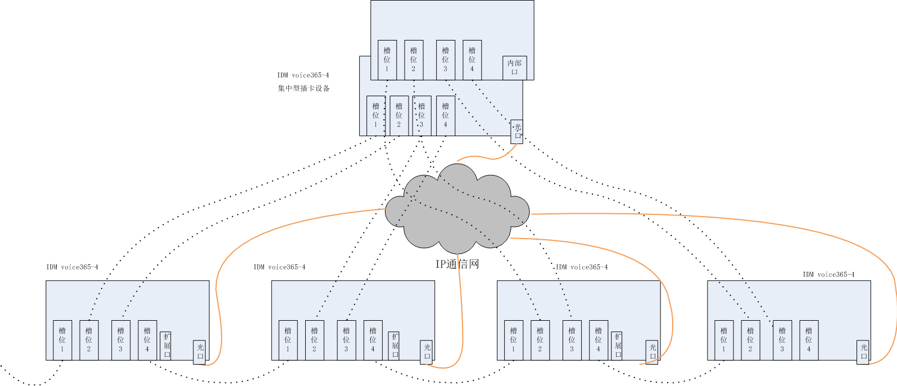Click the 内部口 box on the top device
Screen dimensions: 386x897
514,68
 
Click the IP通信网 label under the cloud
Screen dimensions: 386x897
457,264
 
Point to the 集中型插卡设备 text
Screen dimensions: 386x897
303,88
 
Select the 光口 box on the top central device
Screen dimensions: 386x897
517,132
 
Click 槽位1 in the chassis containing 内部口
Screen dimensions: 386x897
387,60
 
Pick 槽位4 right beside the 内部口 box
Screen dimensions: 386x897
472,60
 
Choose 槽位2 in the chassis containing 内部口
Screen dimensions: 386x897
414,60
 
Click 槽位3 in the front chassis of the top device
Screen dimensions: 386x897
422,115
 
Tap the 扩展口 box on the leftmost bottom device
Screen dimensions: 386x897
166,345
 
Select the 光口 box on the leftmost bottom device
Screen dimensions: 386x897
200,352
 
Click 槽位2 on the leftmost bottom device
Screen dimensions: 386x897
89,340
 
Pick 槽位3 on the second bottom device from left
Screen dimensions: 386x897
346,340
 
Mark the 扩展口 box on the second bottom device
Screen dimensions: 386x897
394,345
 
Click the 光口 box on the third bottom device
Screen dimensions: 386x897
652,352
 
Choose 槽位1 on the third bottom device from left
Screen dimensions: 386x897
514,340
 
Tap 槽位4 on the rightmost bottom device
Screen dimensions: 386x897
809,340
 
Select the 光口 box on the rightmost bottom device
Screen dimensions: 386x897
863,352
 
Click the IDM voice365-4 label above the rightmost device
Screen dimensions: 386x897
828,275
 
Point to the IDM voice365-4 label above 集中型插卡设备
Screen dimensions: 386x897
303,75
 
